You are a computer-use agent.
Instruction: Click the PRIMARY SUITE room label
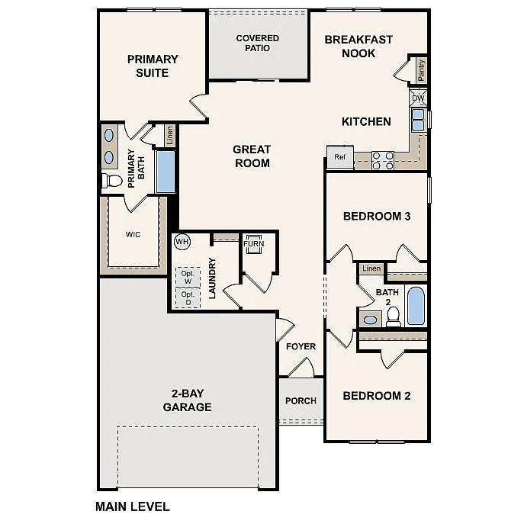pos(153,66)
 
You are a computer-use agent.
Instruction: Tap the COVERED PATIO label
pos(257,43)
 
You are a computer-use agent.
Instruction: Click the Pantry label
pos(421,70)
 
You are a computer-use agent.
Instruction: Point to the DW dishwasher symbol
pos(418,98)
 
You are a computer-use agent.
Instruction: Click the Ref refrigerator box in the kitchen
pos(339,157)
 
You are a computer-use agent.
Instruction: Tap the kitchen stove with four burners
pos(383,160)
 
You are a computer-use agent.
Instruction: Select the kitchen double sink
pos(419,121)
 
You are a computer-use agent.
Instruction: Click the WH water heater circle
pos(182,242)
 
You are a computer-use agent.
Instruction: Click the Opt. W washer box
pos(188,276)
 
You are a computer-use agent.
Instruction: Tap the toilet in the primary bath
pos(112,181)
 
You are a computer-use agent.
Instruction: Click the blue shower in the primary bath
pos(166,172)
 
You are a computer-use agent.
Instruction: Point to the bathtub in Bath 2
pos(416,306)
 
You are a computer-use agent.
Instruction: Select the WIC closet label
pos(133,234)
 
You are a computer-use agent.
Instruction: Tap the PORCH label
pos(301,400)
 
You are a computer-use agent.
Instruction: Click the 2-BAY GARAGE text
pos(187,400)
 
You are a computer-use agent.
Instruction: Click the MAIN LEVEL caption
pos(132,506)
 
